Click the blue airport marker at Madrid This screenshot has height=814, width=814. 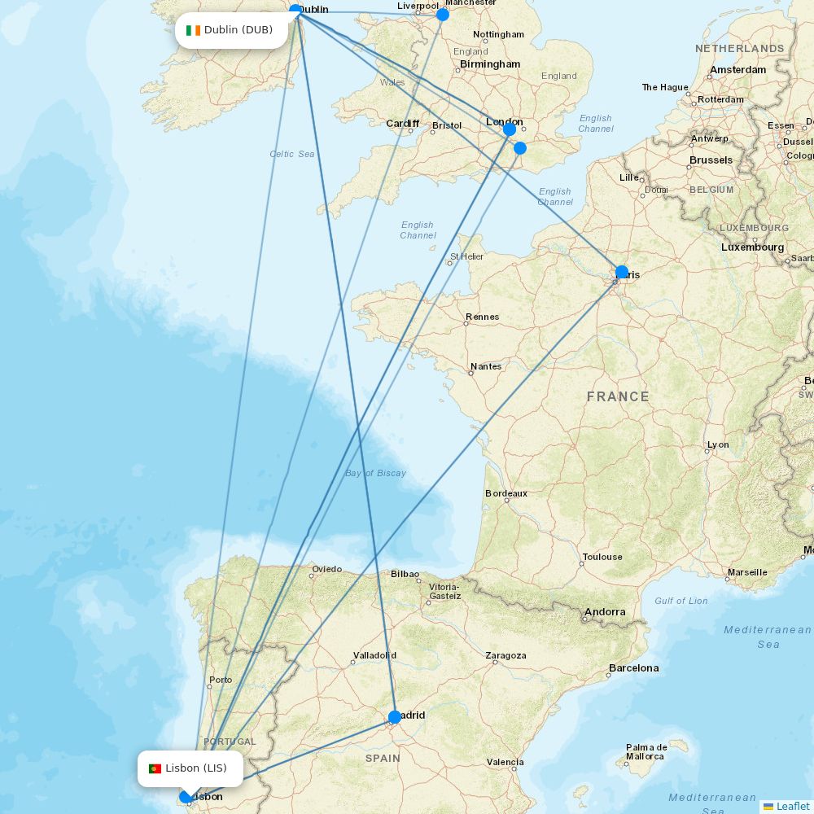click(x=395, y=717)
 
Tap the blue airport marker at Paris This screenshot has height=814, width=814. click(x=622, y=273)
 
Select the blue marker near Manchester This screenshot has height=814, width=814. click(x=443, y=15)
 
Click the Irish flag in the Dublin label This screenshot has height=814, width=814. click(x=193, y=30)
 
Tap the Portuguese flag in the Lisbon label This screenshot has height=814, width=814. click(x=155, y=768)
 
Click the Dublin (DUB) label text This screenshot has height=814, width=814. click(x=239, y=30)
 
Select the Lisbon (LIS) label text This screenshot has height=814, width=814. click(x=196, y=768)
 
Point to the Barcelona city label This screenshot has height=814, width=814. click(x=633, y=668)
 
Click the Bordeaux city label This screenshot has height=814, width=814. click(x=506, y=493)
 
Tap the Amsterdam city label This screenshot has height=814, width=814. click(x=737, y=70)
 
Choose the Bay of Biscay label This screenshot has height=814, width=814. click(x=375, y=473)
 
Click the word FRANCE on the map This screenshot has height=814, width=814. click(x=618, y=397)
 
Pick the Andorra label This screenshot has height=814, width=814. click(x=605, y=612)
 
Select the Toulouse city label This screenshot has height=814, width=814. click(x=602, y=557)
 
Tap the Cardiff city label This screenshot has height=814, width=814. click(x=403, y=124)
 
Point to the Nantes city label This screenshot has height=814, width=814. click(x=486, y=366)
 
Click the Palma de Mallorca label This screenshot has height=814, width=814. click(x=646, y=752)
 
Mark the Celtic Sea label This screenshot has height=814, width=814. click(x=292, y=154)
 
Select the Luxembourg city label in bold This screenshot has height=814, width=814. click(x=753, y=247)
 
